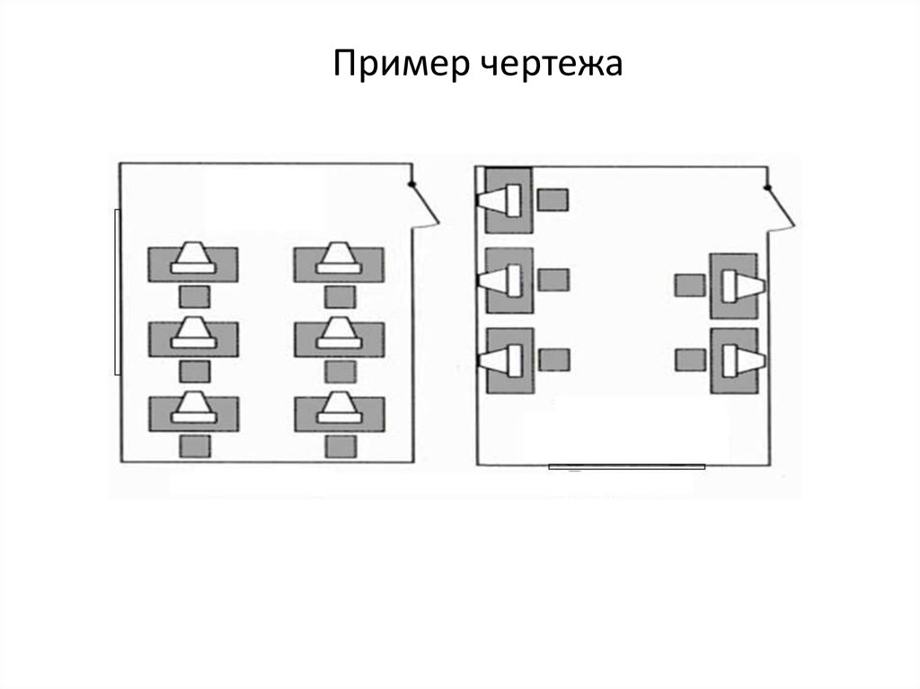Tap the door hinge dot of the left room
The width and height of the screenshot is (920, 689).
(x=412, y=185)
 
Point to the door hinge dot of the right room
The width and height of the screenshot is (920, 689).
(x=767, y=187)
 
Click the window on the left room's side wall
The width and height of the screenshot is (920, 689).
(x=117, y=291)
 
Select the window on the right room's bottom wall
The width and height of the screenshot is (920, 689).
(x=626, y=466)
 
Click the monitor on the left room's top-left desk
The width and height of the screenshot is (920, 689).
(x=193, y=258)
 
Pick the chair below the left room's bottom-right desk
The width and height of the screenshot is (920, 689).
(x=340, y=446)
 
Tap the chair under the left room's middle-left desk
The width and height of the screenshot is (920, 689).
(x=194, y=370)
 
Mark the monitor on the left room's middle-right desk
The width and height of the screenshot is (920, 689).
(x=339, y=333)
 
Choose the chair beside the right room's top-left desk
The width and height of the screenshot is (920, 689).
(x=553, y=199)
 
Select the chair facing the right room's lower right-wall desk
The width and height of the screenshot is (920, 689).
(x=689, y=360)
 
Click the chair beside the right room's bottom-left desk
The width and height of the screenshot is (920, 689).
(x=554, y=360)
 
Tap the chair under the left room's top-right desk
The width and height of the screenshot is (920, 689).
(x=340, y=296)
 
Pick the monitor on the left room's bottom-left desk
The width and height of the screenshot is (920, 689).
(x=193, y=408)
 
